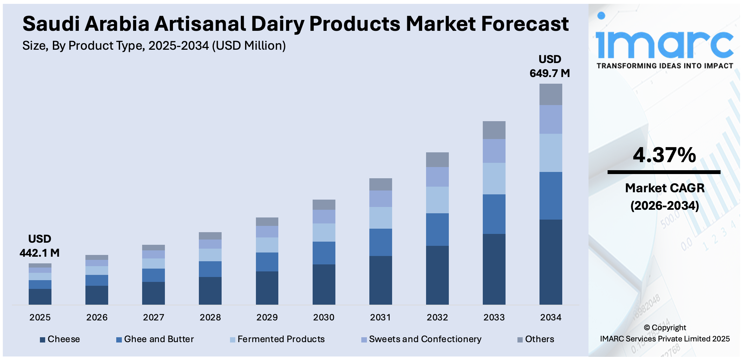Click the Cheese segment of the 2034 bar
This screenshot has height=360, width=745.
click(551, 262)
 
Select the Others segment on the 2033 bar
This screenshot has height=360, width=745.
click(494, 130)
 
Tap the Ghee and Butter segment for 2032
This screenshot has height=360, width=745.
click(437, 229)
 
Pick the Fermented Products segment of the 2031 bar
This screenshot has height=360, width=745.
click(381, 218)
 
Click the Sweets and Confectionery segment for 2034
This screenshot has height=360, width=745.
click(551, 119)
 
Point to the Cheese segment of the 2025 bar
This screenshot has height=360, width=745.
click(40, 297)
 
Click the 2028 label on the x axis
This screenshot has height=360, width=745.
click(210, 317)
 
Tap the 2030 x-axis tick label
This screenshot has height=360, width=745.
click(323, 317)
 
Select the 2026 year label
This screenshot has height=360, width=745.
click(97, 317)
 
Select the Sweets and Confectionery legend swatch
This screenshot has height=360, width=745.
click(364, 340)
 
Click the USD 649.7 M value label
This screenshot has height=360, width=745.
click(550, 66)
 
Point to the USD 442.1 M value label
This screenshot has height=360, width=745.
click(40, 246)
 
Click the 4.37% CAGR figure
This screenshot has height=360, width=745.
click(664, 155)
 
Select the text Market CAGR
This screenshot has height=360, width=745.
click(664, 188)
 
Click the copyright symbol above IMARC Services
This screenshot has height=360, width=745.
click(647, 328)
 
